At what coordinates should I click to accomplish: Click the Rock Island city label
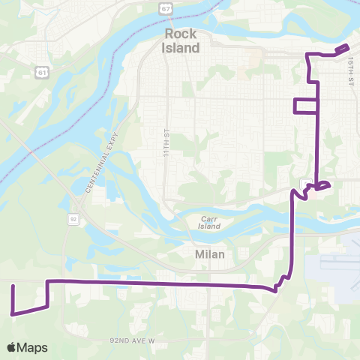pyautogui.click(x=181, y=42)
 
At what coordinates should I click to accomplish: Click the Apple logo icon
pyautogui.click(x=11, y=348)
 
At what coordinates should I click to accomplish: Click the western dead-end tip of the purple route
pyautogui.click(x=13, y=286)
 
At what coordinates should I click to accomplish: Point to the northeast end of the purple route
pyautogui.click(x=349, y=46)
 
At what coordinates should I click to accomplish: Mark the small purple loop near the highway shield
pyautogui.click(x=323, y=185)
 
